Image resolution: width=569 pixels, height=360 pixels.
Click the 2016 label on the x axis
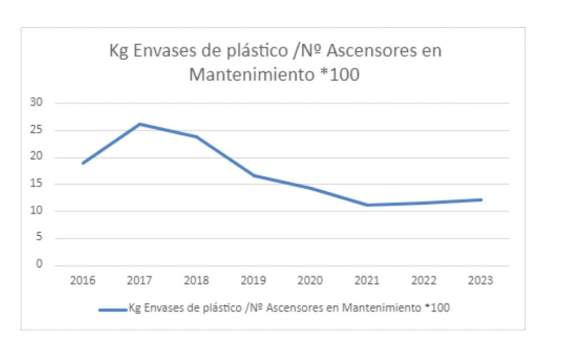(x=82, y=280)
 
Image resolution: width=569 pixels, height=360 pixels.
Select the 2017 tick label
(x=139, y=280)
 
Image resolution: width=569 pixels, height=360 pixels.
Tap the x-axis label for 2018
(x=196, y=280)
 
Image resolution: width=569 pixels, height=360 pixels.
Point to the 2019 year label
(x=253, y=280)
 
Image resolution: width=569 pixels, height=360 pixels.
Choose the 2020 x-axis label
(x=310, y=280)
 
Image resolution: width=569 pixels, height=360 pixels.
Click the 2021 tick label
(x=367, y=280)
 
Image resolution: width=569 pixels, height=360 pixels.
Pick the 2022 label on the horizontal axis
(x=423, y=280)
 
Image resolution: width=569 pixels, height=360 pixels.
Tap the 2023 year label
(x=480, y=280)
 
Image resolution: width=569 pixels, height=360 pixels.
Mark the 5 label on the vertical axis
(x=40, y=238)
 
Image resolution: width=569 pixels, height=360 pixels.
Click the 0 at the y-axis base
(x=40, y=264)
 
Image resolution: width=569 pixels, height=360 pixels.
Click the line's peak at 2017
(x=139, y=124)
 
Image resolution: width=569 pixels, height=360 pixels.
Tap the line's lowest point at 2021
(x=367, y=205)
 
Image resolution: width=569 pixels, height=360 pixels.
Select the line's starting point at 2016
(x=83, y=163)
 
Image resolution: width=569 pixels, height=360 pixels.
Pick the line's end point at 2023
(x=481, y=199)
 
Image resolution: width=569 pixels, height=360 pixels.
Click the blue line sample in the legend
(x=113, y=309)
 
